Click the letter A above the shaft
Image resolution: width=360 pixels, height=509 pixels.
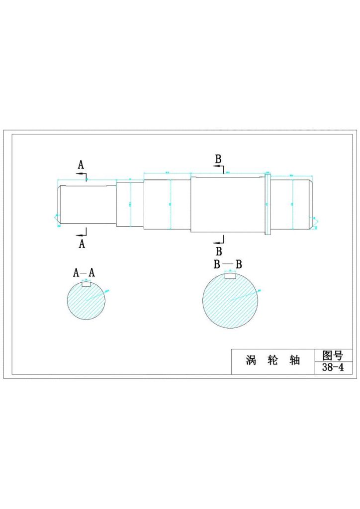[x=81, y=165]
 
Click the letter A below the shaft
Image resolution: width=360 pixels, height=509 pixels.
[x=82, y=244]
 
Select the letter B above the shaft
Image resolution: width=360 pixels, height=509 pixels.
[x=218, y=159]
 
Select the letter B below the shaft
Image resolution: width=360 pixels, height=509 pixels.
[x=219, y=251]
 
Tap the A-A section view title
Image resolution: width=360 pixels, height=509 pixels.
[x=84, y=272]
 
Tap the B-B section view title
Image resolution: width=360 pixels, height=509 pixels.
[x=228, y=264]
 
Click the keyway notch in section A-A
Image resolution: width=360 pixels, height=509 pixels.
[x=86, y=284]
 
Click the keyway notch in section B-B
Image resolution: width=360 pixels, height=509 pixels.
[x=230, y=276]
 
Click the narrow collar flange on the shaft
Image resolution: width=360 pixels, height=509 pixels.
[x=268, y=204]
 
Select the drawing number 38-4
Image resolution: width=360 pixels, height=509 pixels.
[x=333, y=368]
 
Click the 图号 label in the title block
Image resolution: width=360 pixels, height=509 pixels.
[x=333, y=355]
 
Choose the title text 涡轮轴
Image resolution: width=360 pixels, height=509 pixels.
[x=273, y=361]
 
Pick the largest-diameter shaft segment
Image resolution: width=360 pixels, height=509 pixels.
[x=226, y=204]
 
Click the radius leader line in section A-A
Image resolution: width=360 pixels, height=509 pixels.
[x=97, y=295]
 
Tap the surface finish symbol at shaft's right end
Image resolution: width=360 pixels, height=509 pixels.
[x=314, y=222]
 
